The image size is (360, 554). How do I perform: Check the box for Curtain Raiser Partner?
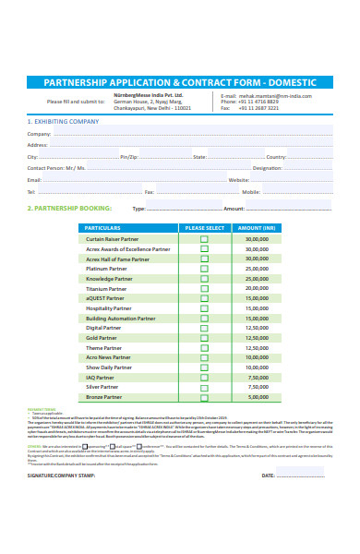point(204,238)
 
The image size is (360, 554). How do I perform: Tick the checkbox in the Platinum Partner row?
point(204,269)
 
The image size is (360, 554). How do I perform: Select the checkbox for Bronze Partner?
point(204,397)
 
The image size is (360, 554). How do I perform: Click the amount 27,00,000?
point(257,259)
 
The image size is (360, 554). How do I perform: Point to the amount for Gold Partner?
point(257,338)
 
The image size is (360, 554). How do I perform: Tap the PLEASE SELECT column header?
point(204,227)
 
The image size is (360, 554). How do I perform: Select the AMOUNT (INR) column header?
point(257,227)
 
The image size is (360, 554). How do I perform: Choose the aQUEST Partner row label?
point(104,298)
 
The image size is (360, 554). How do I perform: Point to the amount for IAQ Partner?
point(257,377)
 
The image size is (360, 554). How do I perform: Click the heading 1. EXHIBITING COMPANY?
point(63,121)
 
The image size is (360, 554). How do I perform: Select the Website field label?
point(238,180)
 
